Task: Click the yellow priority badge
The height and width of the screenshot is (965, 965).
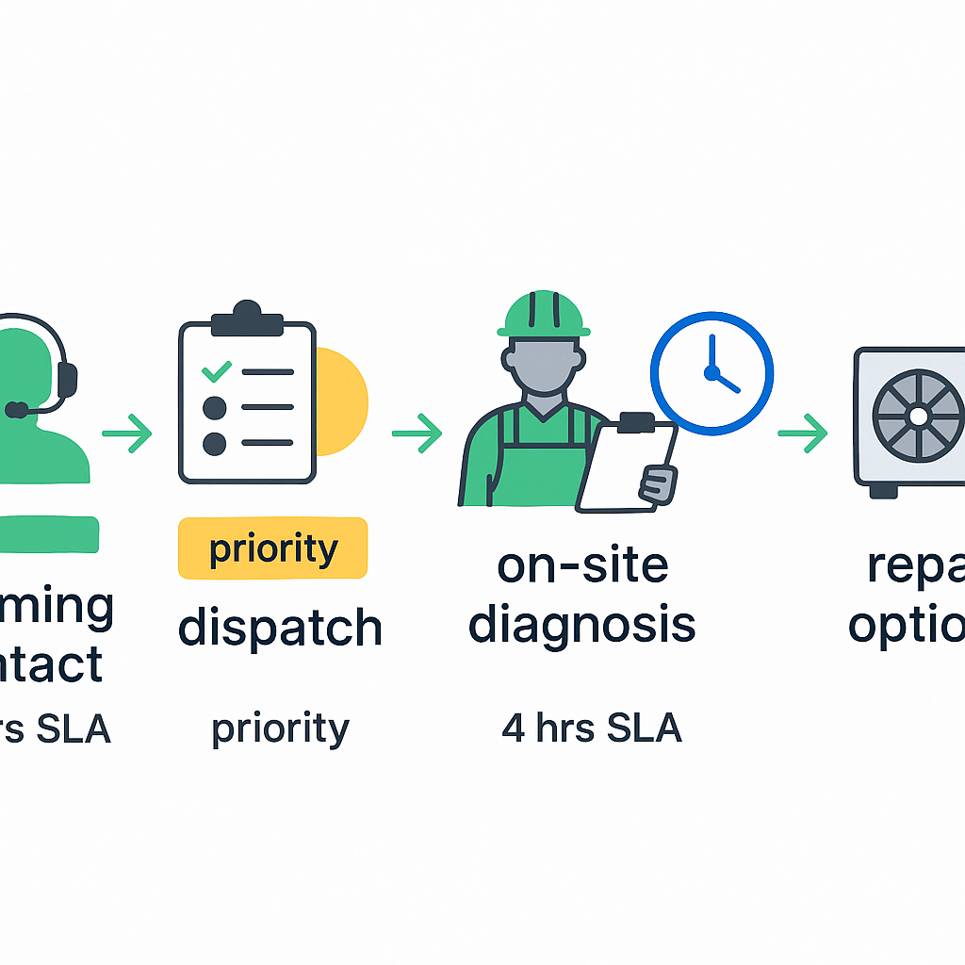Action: coord(272,548)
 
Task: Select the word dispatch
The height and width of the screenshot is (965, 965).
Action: coord(280,628)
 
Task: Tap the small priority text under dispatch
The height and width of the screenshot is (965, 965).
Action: coord(280,728)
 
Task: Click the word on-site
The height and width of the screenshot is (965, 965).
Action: coord(582,565)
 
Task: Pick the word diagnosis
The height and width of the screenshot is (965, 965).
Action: coord(582,625)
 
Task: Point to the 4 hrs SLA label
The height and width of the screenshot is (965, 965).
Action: coord(591,728)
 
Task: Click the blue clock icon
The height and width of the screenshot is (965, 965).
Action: coord(712,372)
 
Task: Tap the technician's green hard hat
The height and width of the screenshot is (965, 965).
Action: coord(544,315)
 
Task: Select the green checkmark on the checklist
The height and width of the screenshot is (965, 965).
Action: coord(216,371)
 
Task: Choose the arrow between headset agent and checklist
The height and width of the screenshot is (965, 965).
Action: coord(127,433)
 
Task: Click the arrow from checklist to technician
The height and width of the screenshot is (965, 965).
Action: coord(417,433)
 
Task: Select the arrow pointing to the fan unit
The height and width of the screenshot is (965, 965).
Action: coord(803,433)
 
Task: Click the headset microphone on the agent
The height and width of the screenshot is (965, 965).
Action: coord(16,410)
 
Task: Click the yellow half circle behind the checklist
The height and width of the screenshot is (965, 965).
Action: coord(342,401)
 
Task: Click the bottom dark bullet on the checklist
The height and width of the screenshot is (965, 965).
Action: coord(215,443)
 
